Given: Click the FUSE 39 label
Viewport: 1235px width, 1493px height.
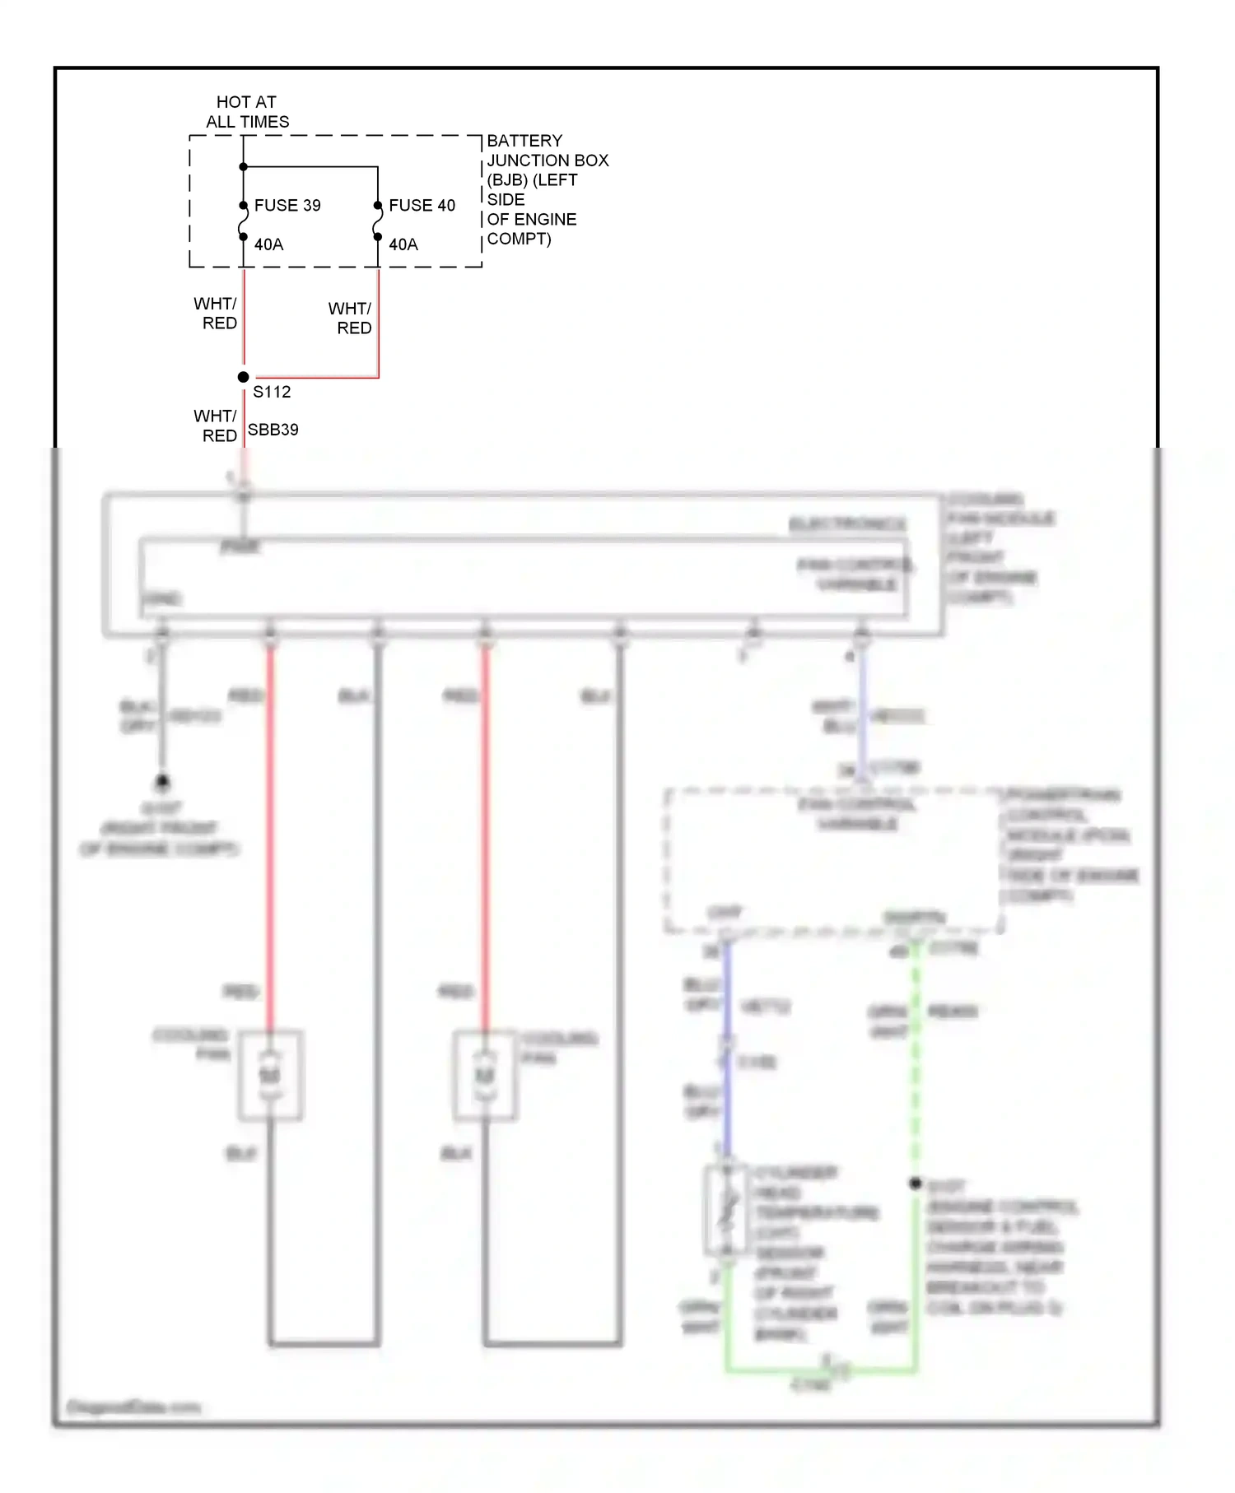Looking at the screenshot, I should coord(287,205).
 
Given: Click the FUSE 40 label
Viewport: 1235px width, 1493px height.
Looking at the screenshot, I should coord(422,205).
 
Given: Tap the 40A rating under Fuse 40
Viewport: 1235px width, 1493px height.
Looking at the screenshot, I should coord(403,244).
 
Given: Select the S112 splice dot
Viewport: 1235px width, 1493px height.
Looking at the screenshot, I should coord(243,377).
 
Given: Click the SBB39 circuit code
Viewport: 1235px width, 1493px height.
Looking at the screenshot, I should coord(273,430).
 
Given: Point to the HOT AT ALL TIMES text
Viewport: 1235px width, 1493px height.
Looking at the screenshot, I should coord(247,112).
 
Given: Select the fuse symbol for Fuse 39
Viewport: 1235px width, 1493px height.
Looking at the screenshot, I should coord(243,221).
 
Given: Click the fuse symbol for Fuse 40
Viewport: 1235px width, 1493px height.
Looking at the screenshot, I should coord(378,221).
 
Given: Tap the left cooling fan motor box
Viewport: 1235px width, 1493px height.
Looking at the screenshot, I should coord(271,1076).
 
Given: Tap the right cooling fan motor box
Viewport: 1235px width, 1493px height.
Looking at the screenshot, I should coord(485,1076).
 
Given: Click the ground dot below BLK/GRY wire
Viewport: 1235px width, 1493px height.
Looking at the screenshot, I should coord(162,780).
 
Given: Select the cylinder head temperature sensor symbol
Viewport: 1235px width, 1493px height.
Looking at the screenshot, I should coord(726,1210).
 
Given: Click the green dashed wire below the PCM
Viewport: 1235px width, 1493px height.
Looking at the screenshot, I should coord(916,1070).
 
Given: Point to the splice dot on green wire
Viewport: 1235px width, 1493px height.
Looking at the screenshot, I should coord(916,1183).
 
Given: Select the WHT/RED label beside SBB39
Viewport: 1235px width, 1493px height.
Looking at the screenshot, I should coord(216,426).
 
